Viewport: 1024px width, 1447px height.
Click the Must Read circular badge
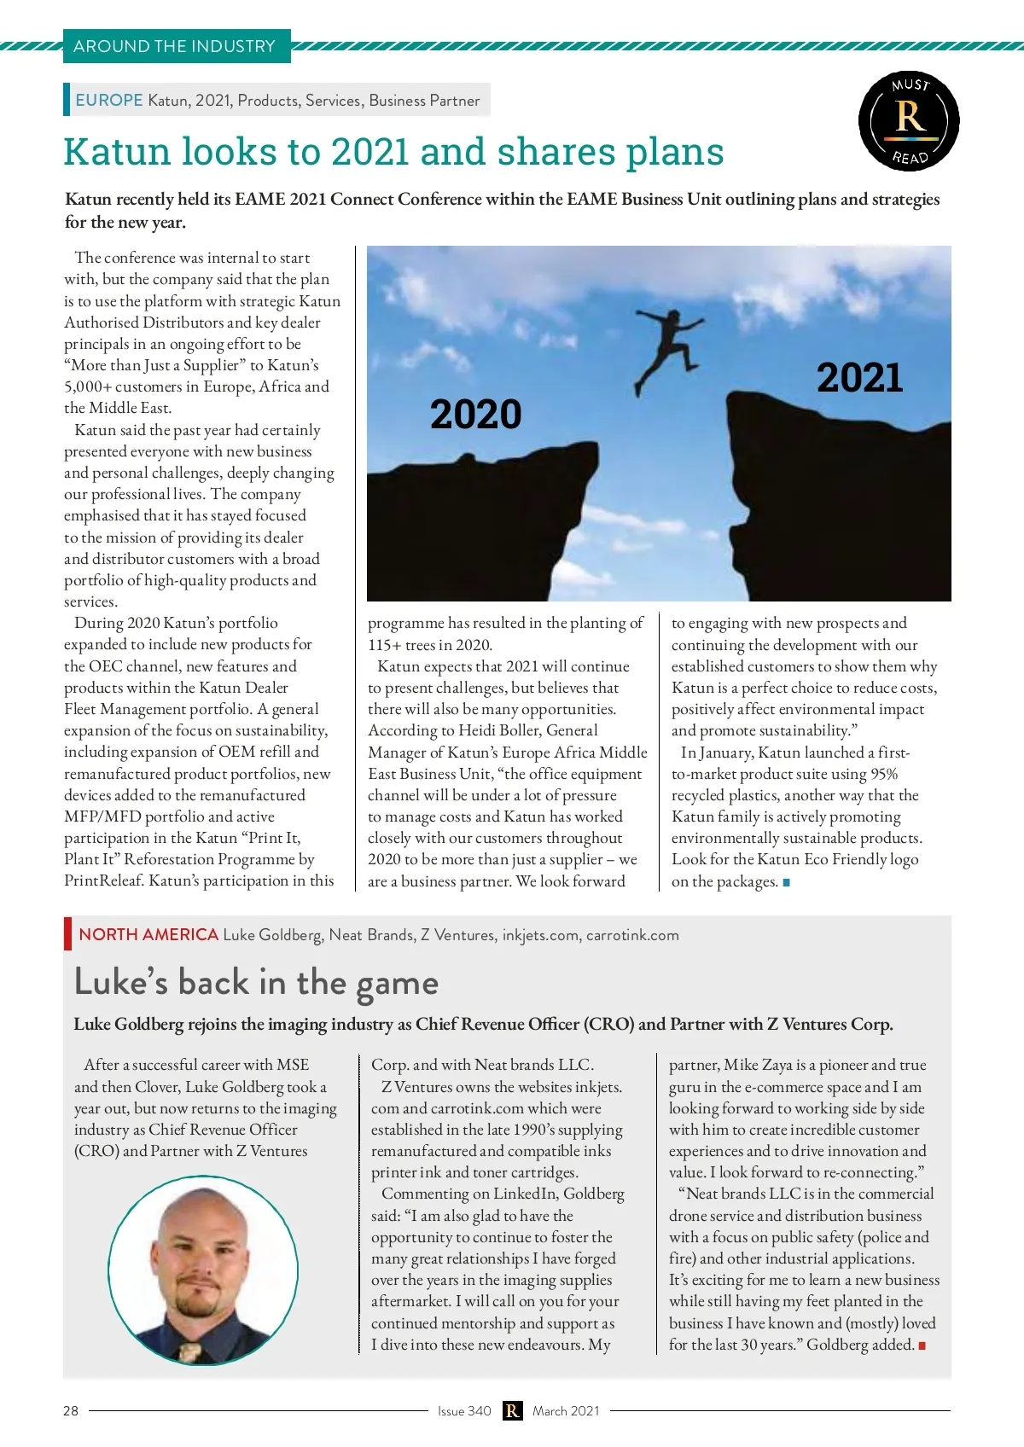[909, 121]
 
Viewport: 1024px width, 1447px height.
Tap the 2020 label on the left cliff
[475, 415]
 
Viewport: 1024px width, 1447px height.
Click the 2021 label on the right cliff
[859, 378]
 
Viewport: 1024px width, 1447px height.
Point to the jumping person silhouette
[666, 346]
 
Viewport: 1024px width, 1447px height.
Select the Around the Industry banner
[176, 46]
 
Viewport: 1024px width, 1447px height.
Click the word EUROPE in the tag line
[109, 100]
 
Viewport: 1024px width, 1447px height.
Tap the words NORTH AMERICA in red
[148, 934]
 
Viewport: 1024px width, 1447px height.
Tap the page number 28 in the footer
[71, 1411]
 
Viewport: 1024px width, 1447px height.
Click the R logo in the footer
[512, 1411]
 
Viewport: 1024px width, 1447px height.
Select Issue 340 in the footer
[464, 1411]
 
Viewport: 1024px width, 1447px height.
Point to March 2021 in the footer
[566, 1411]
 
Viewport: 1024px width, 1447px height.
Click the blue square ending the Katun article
[786, 882]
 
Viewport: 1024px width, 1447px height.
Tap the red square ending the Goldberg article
[922, 1345]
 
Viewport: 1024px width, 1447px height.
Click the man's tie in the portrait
[189, 1351]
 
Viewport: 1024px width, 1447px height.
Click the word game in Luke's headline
[397, 984]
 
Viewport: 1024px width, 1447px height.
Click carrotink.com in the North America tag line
[632, 935]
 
